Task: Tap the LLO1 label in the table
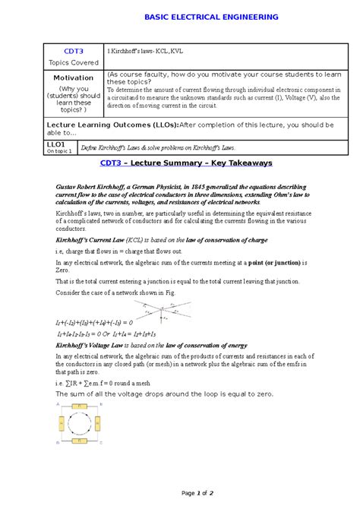(57, 144)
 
